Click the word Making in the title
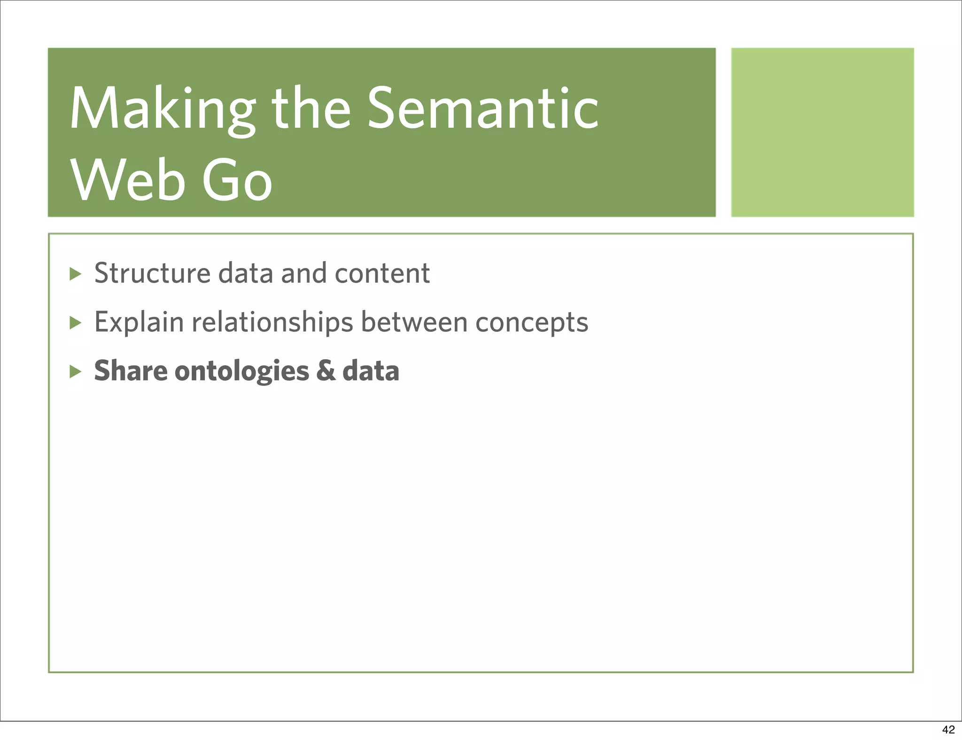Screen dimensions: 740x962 [163, 109]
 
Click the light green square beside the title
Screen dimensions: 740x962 [822, 132]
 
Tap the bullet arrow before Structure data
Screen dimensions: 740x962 [75, 274]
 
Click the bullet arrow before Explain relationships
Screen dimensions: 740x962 [75, 323]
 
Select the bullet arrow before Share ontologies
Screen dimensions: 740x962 [75, 372]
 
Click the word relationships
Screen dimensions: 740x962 [272, 323]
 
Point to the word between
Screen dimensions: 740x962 [414, 323]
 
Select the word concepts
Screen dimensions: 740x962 [531, 323]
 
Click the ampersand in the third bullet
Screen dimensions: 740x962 [326, 371]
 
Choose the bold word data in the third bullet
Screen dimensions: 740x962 [371, 371]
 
